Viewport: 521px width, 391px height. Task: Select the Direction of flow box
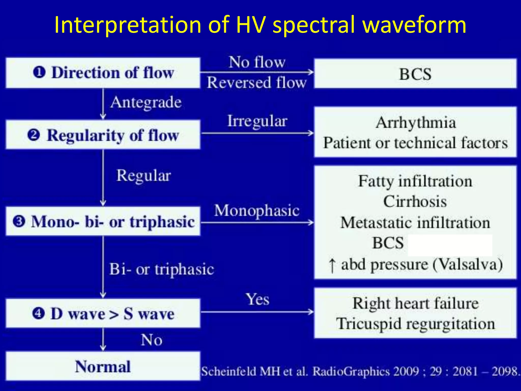click(x=103, y=73)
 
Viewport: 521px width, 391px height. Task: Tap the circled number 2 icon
click(x=34, y=135)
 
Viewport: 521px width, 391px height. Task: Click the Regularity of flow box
click(x=103, y=135)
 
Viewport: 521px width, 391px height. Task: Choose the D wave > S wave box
click(x=103, y=313)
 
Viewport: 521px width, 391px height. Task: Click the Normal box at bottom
click(x=103, y=367)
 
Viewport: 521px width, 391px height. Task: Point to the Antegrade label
click(x=146, y=102)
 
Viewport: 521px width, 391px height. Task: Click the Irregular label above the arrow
click(x=257, y=121)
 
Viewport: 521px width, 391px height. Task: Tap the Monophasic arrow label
click(x=256, y=211)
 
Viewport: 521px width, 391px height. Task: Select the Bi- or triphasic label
click(x=162, y=269)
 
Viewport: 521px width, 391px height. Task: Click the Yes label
click(x=257, y=299)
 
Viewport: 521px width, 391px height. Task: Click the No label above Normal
click(x=152, y=340)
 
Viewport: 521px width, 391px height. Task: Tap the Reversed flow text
click(x=256, y=83)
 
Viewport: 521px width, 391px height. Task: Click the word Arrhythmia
click(x=415, y=123)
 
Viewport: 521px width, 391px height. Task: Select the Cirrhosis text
click(x=415, y=202)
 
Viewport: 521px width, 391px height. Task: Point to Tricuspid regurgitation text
click(x=415, y=324)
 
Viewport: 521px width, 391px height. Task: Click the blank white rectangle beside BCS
click(x=450, y=245)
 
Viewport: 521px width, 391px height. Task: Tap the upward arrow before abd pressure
click(x=332, y=266)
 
